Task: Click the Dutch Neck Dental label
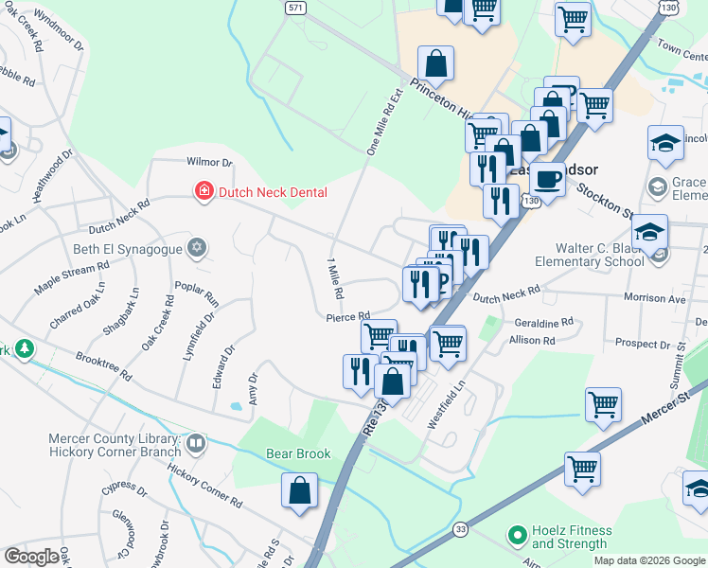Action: (273, 192)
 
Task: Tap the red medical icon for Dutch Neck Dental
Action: (203, 192)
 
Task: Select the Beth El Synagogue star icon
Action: (197, 249)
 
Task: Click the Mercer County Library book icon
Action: (195, 442)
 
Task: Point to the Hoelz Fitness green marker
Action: (517, 537)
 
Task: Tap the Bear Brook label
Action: (298, 454)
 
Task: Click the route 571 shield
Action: (296, 7)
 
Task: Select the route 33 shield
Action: (460, 529)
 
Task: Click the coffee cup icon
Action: (546, 178)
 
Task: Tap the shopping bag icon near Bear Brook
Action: (299, 490)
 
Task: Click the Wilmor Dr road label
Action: (209, 163)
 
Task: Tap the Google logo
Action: (30, 557)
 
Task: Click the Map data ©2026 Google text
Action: (648, 560)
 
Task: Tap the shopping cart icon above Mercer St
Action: (603, 404)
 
